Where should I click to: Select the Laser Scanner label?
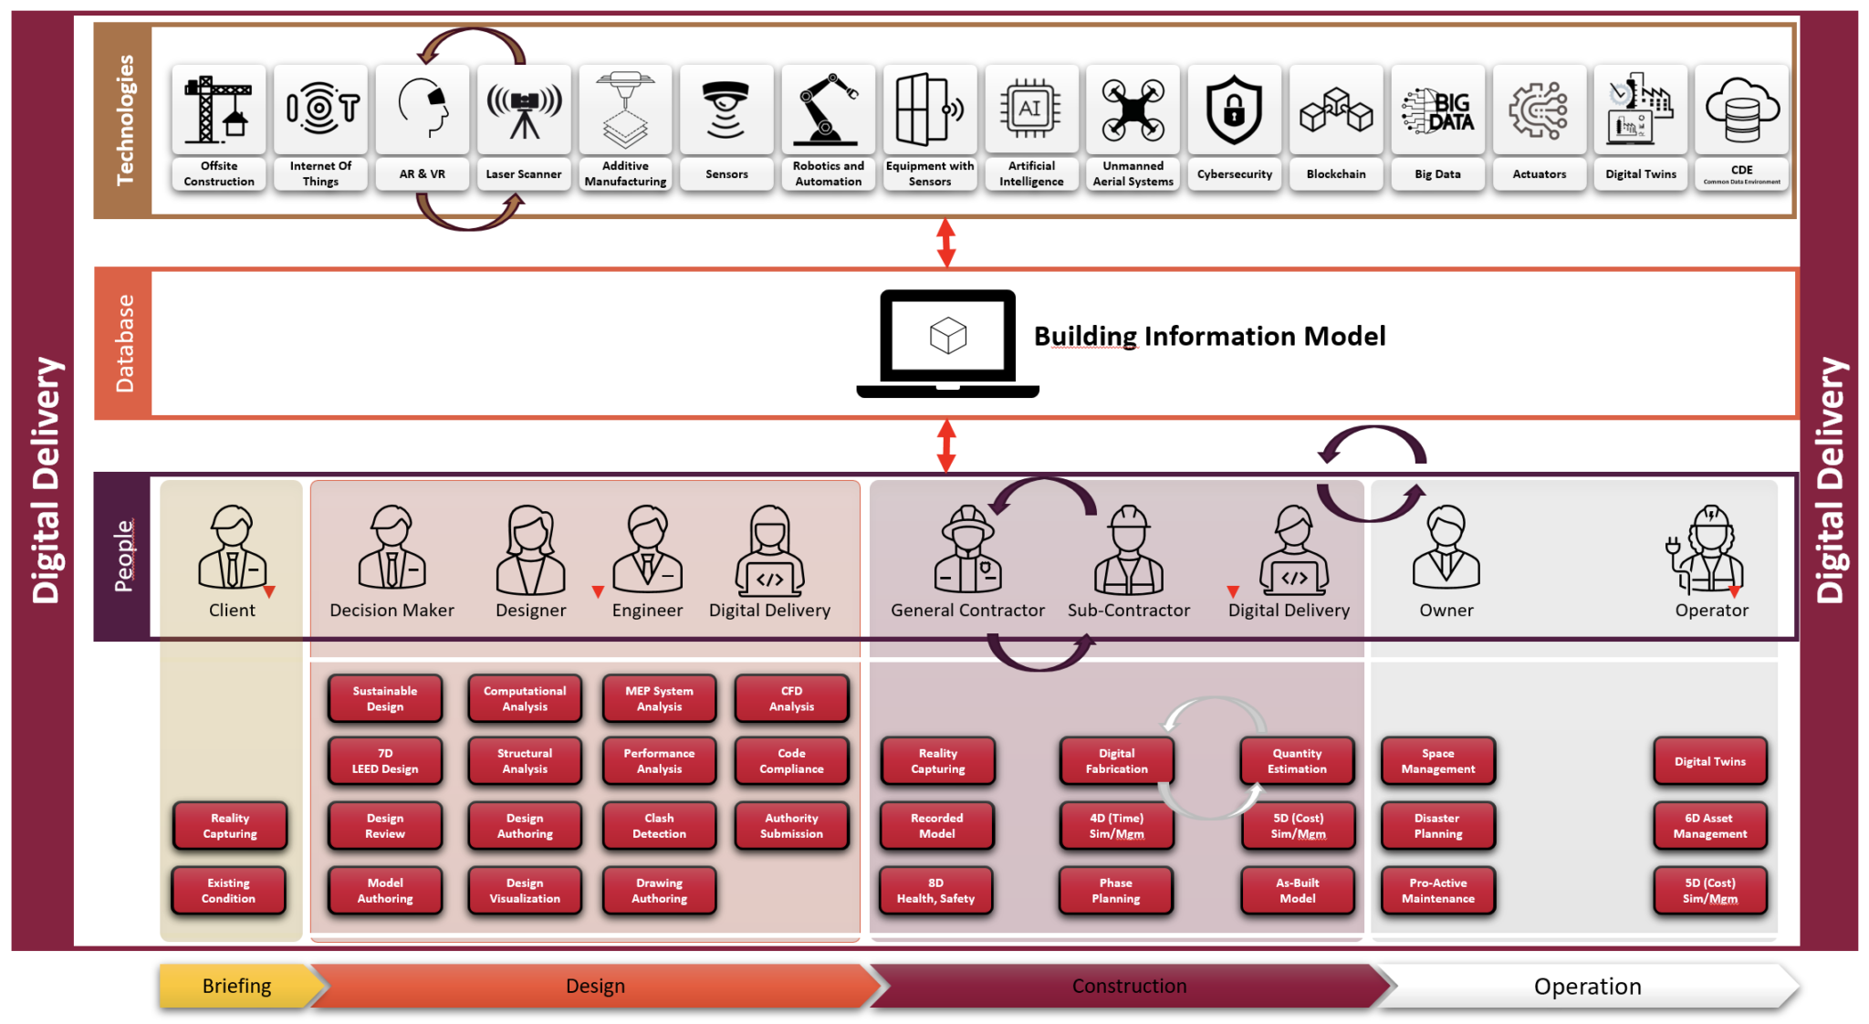[524, 173]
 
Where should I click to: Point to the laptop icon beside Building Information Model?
[947, 343]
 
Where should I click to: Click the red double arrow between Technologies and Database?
[946, 243]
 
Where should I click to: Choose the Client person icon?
[233, 548]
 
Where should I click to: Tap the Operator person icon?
[1710, 548]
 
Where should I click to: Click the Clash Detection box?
[659, 826]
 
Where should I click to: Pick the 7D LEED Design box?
[385, 761]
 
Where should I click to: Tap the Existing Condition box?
[228, 891]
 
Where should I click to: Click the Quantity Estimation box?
[1297, 761]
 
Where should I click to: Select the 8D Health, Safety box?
[935, 891]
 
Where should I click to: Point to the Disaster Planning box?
[1437, 826]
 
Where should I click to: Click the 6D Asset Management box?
[1709, 826]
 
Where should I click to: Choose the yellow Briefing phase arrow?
[238, 986]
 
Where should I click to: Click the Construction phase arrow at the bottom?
[1129, 986]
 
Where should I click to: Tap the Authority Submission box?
[791, 826]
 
